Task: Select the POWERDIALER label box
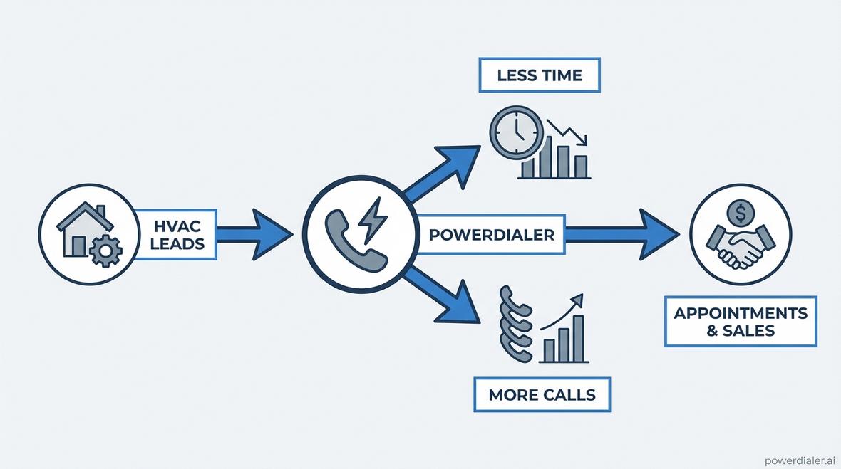[x=492, y=235]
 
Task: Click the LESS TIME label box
[x=540, y=75]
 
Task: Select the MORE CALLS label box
[x=542, y=394]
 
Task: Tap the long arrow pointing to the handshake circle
[x=620, y=233]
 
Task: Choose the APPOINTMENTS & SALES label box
[x=741, y=322]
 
